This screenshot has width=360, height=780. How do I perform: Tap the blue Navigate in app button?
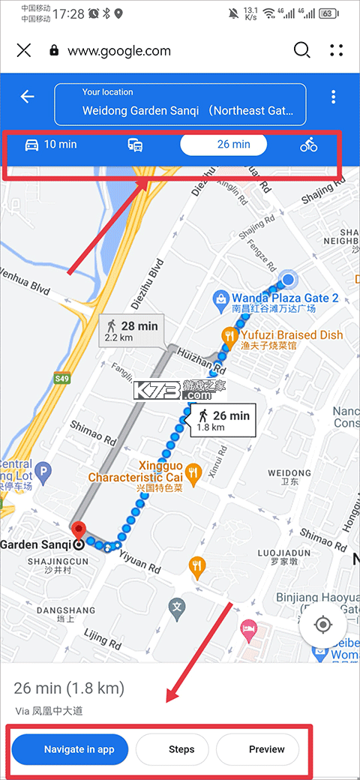[x=70, y=748]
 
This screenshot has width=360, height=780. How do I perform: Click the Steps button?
[x=181, y=748]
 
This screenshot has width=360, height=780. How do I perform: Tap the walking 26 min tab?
[x=223, y=145]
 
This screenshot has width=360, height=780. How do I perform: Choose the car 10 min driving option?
[x=51, y=145]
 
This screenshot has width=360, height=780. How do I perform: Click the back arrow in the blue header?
[x=28, y=97]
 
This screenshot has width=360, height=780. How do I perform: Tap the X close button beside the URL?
[x=24, y=50]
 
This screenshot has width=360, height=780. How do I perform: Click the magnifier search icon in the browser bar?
[x=301, y=50]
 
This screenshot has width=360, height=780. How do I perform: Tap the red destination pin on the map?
[x=79, y=530]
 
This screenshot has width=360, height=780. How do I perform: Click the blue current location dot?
[x=287, y=281]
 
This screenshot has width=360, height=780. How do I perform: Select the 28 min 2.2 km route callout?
[x=132, y=331]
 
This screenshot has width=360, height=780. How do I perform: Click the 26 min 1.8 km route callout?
[x=223, y=420]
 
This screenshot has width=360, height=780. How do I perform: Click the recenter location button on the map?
[x=323, y=623]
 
